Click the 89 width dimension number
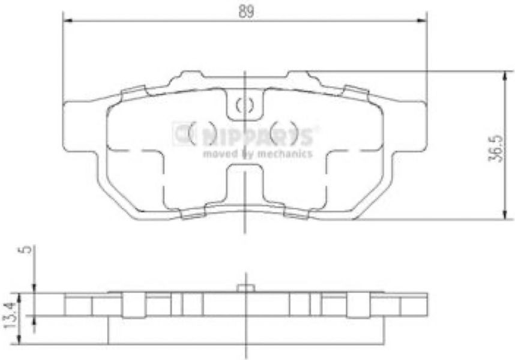[x=246, y=12]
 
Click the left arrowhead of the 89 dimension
[x=67, y=20]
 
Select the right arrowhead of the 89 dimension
[x=422, y=20]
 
